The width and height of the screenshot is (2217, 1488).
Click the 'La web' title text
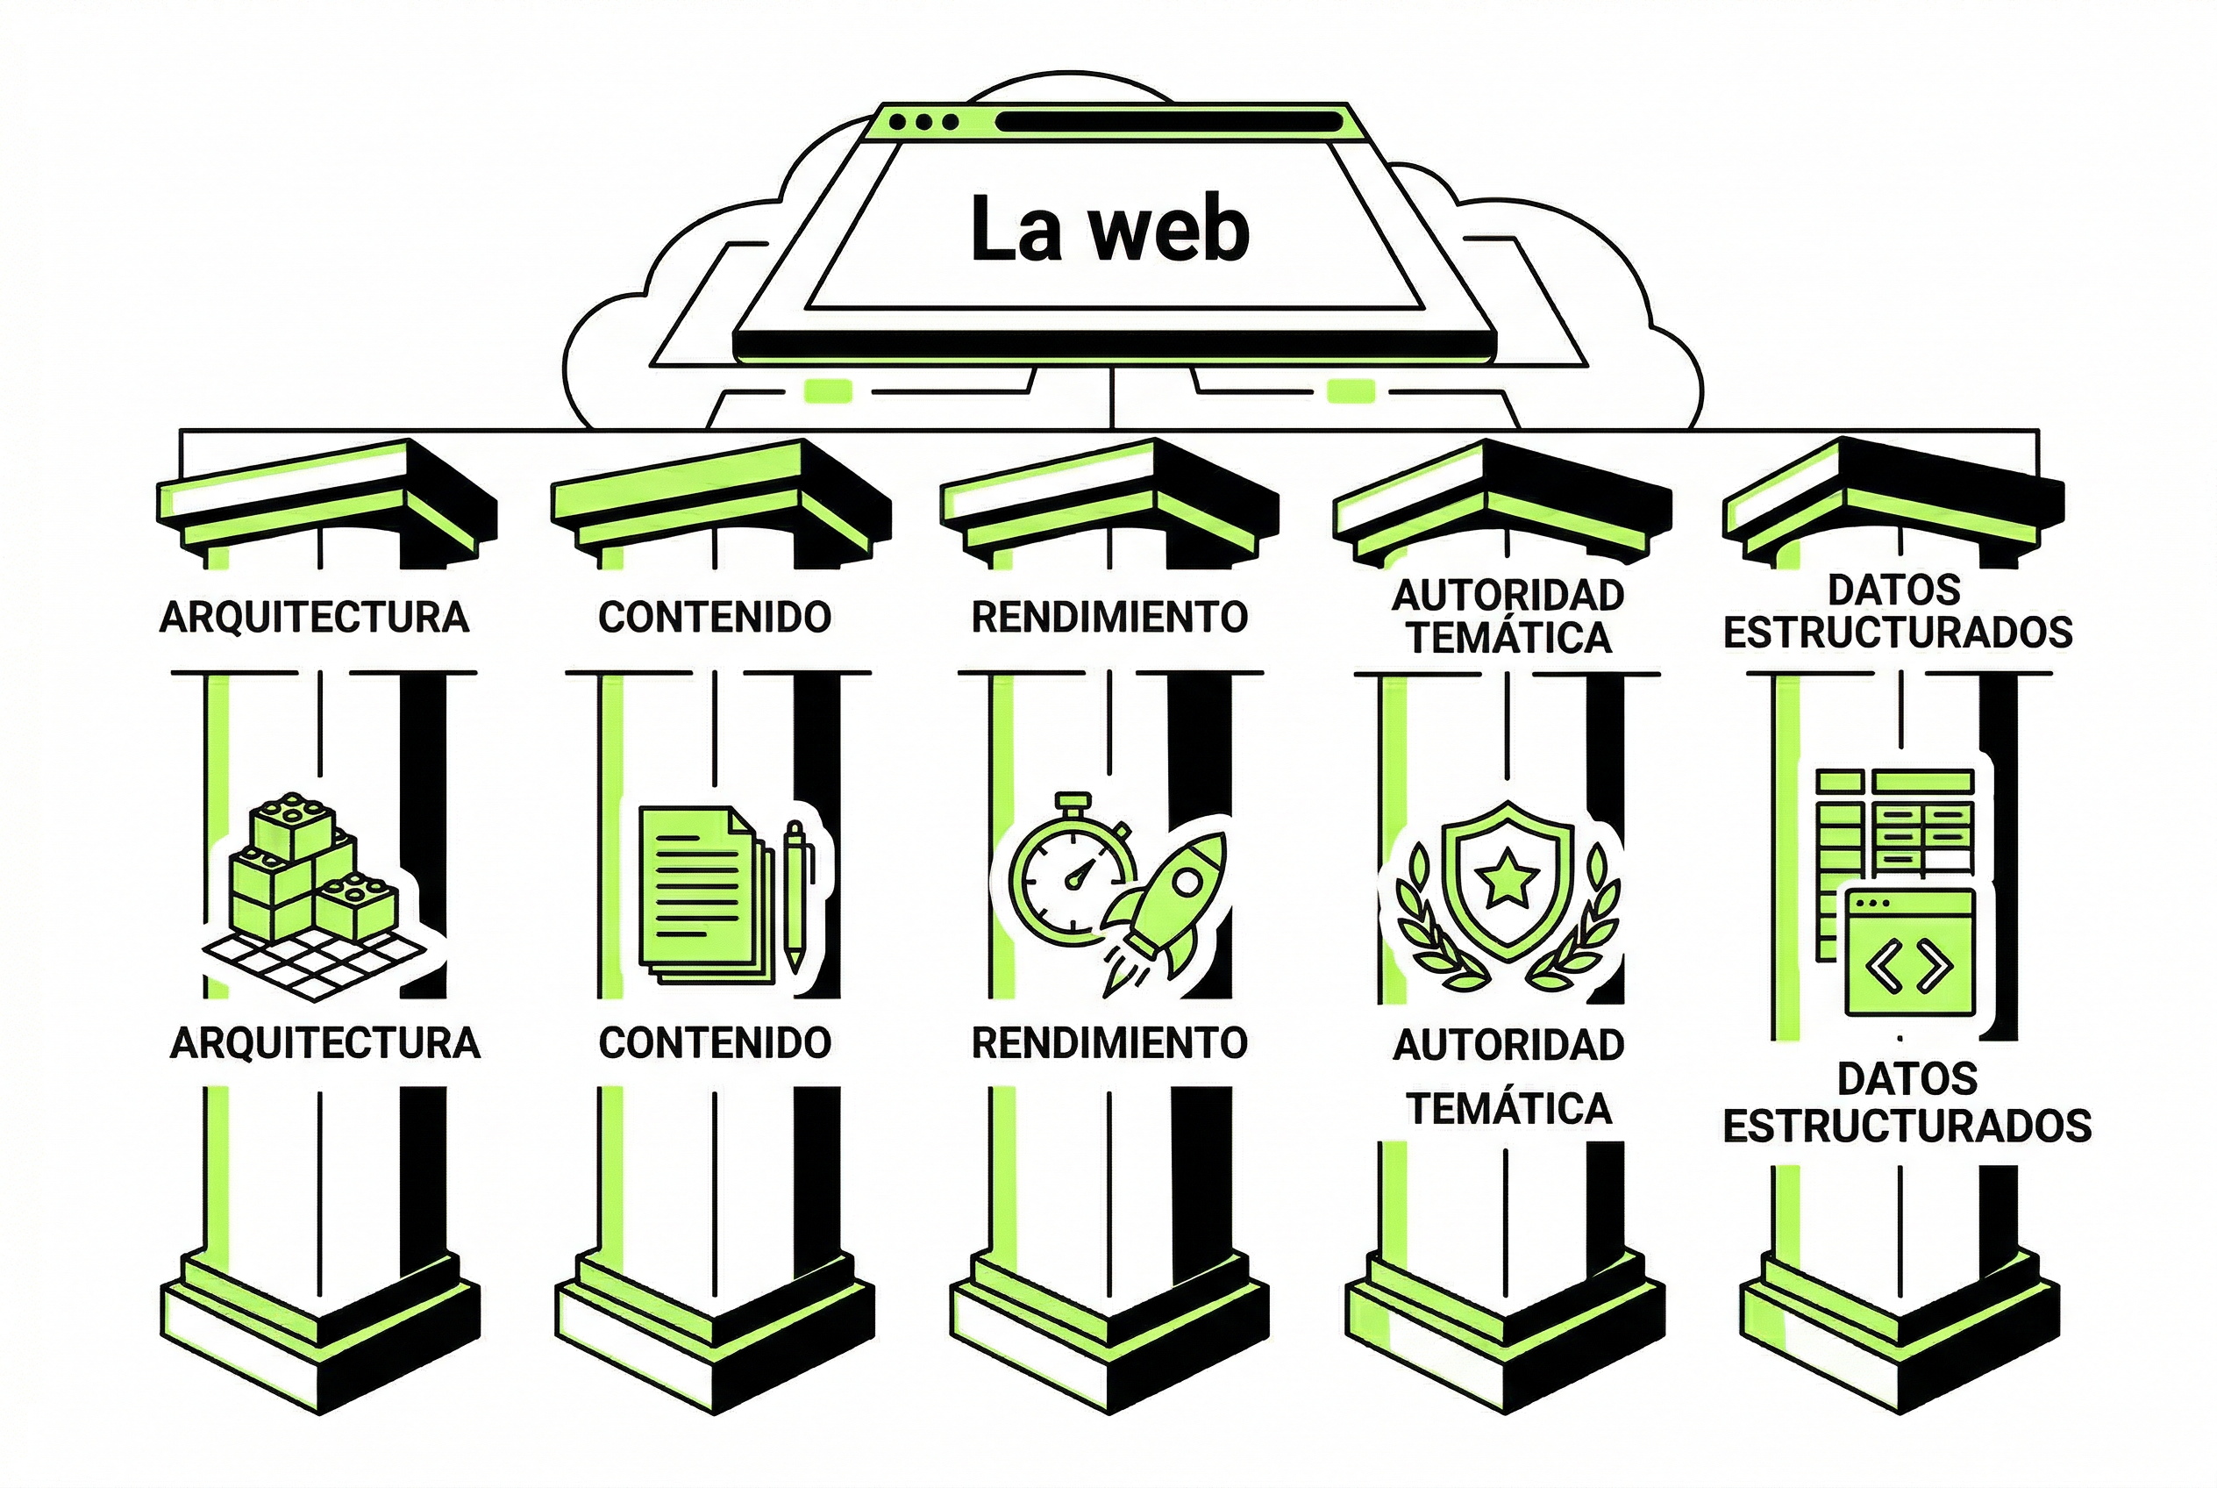point(1109,231)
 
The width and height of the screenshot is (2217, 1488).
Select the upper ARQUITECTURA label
point(314,618)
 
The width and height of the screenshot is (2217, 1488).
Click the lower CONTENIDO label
point(715,1043)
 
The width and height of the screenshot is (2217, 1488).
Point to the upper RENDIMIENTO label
point(1109,618)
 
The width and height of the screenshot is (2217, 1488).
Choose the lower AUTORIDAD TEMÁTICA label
point(1508,1077)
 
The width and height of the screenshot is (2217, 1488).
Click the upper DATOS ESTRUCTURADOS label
point(1897,612)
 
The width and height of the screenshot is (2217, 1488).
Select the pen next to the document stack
point(795,896)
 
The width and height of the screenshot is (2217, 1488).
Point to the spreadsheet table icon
point(1893,826)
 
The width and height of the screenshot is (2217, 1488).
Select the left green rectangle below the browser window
point(827,391)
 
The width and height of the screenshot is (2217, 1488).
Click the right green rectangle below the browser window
point(1350,391)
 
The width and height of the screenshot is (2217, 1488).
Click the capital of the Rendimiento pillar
point(1109,503)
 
